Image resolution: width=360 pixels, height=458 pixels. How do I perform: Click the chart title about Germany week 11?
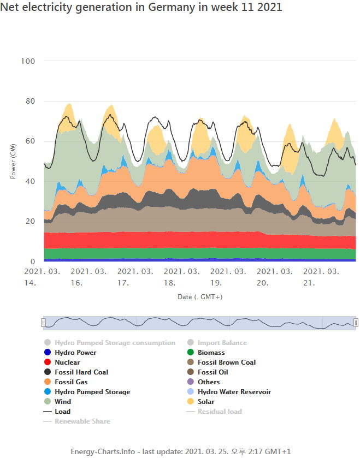141,7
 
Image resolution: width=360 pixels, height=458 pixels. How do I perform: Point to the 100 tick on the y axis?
28,61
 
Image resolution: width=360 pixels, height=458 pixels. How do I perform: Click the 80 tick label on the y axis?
30,101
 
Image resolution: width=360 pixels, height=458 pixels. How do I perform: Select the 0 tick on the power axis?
33,261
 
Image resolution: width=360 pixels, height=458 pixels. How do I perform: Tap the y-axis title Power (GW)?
14,162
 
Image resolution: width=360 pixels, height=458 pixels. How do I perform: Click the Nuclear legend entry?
67,362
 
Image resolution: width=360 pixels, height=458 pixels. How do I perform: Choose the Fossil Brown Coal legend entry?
226,362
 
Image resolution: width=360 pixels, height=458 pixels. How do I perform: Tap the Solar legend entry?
206,402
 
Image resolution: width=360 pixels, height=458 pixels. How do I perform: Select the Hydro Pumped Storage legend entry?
92,392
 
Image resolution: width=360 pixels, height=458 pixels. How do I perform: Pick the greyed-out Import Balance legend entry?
222,343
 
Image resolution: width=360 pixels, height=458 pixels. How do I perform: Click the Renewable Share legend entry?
82,421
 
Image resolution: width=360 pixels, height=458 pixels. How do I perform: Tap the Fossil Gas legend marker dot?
48,382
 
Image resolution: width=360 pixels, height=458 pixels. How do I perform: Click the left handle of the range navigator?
43,323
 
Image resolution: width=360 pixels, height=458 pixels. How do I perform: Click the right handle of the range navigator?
356,323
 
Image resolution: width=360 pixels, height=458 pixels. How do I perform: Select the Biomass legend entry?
211,353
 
